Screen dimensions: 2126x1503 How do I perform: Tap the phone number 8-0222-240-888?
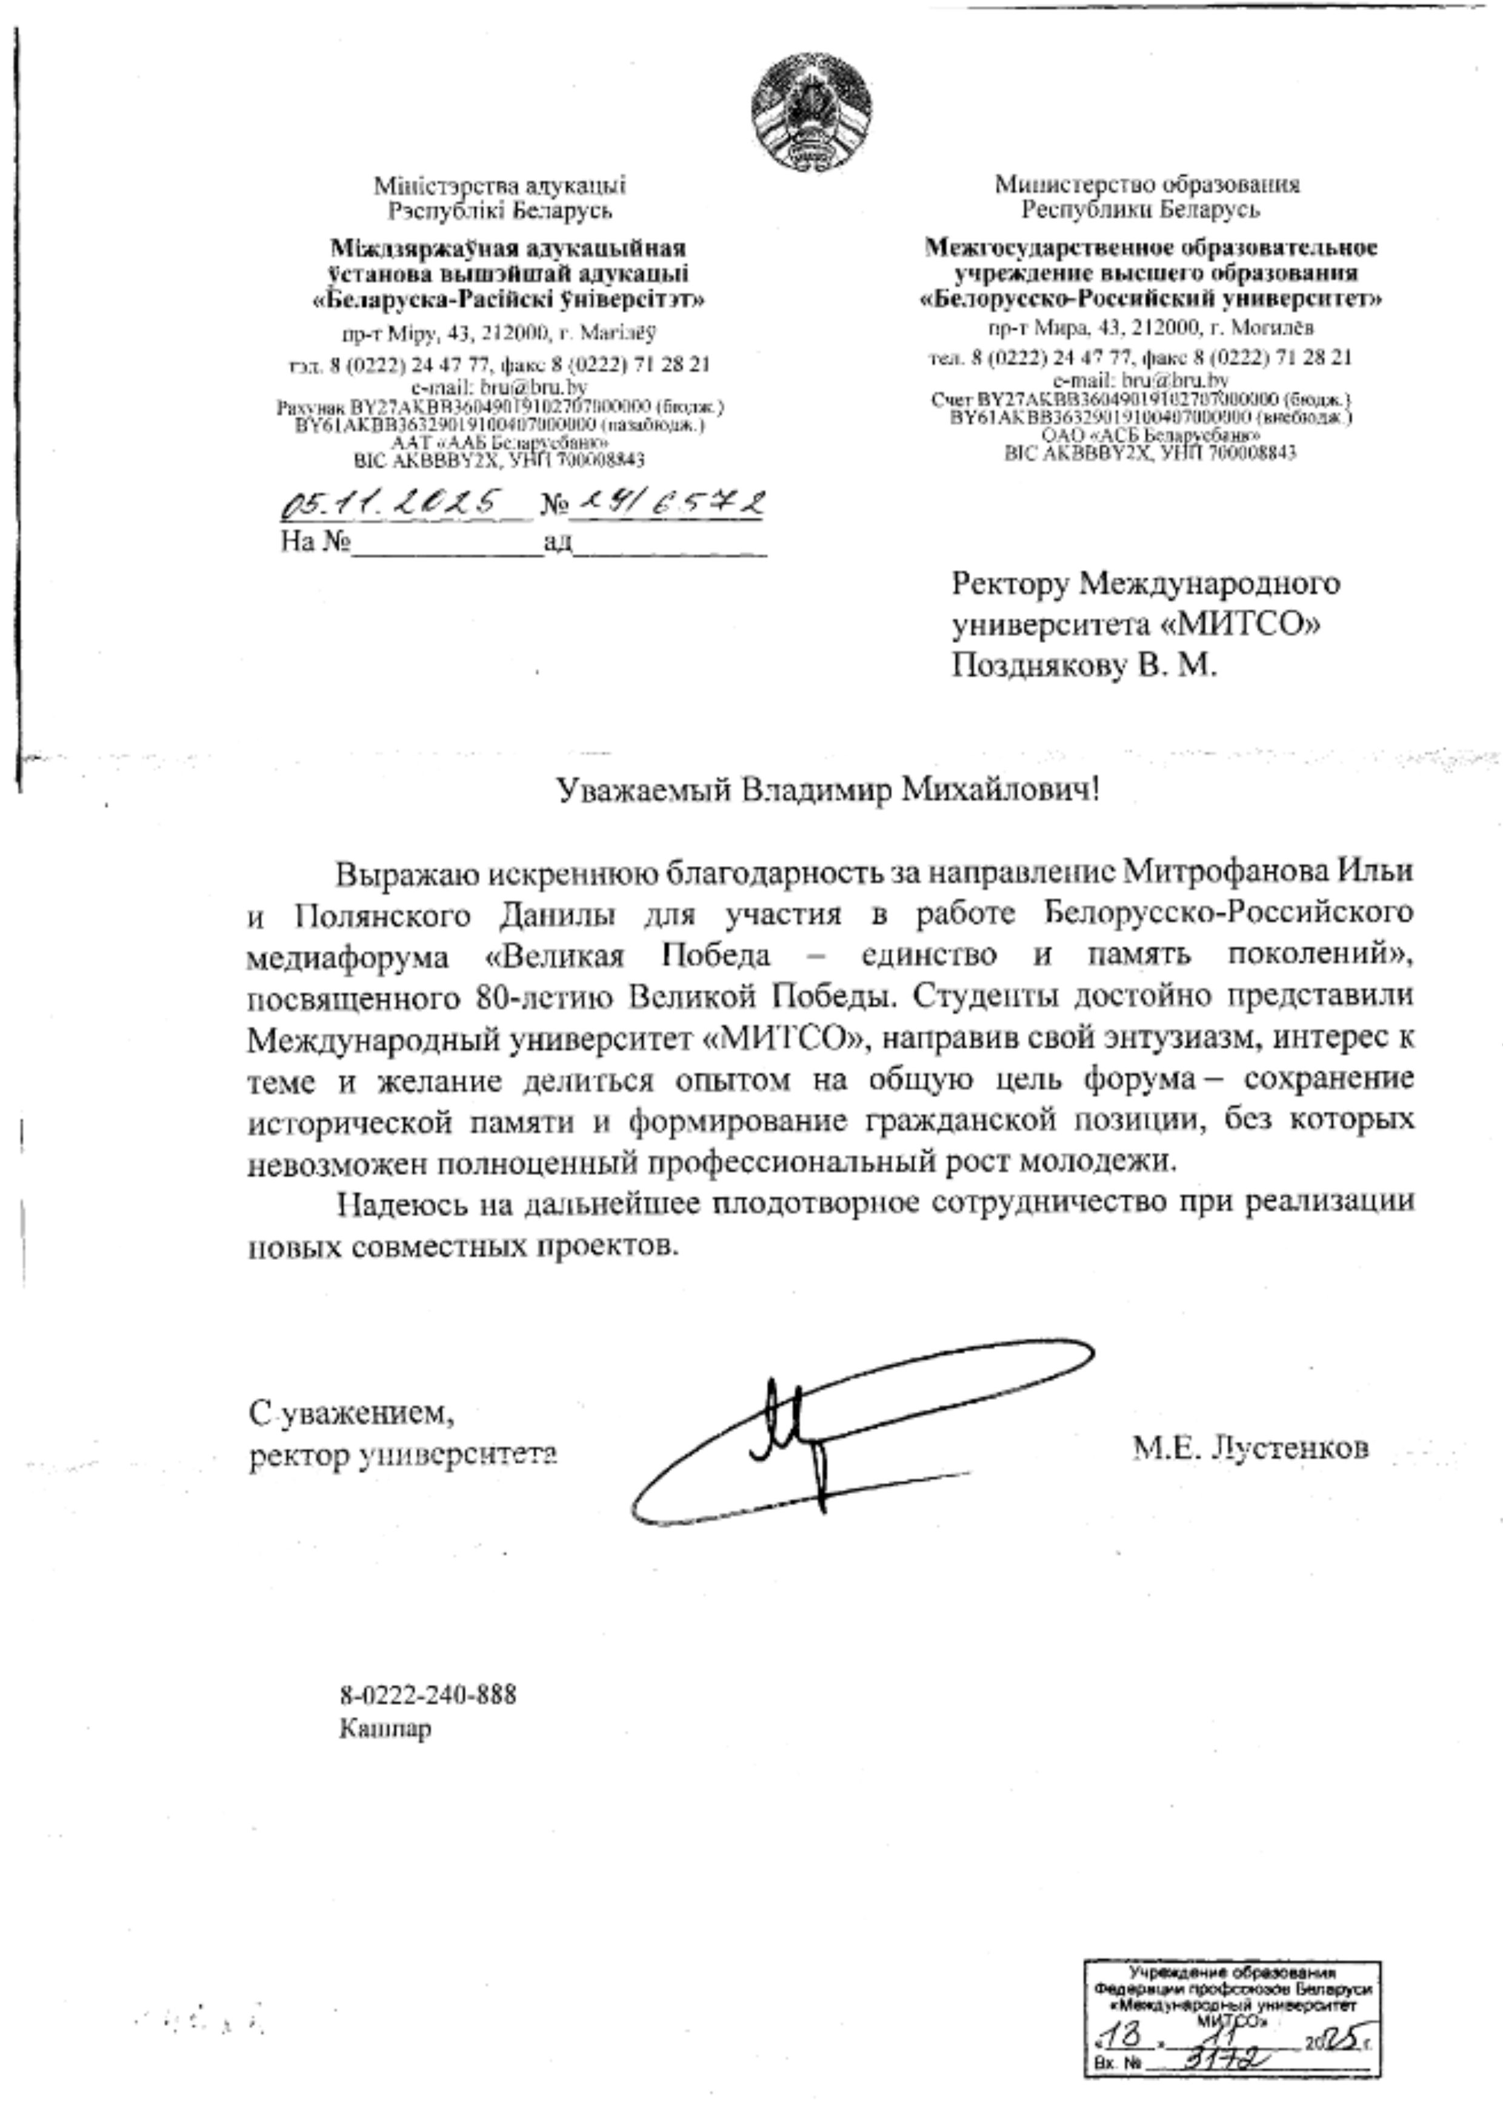[428, 1696]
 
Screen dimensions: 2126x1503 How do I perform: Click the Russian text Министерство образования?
[1147, 184]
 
